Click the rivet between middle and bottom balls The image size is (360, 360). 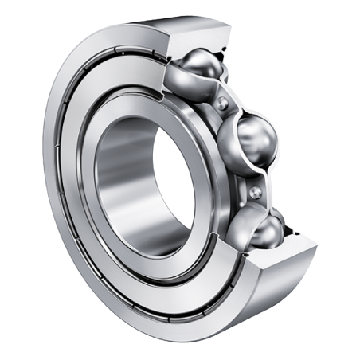256,192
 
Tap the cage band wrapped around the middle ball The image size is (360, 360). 236,155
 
